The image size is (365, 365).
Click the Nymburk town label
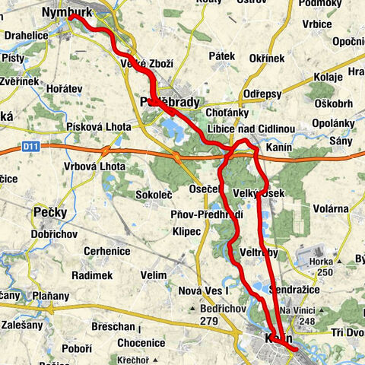pyautogui.click(x=68, y=12)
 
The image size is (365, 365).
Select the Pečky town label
pyautogui.click(x=50, y=211)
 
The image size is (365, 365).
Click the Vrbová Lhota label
pyautogui.click(x=95, y=167)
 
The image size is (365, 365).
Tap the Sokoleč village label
pyautogui.click(x=155, y=194)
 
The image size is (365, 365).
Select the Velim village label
pyautogui.click(x=153, y=275)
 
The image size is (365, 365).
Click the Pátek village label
pyautogui.click(x=220, y=56)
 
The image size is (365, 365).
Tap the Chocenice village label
pyautogui.click(x=141, y=343)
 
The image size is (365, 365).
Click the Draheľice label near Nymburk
pyautogui.click(x=25, y=35)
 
